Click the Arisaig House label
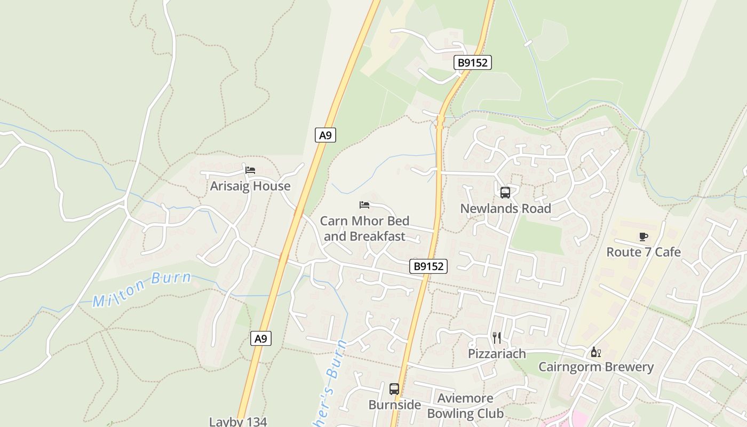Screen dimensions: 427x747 click(250, 186)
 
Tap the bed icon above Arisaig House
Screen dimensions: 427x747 click(250, 170)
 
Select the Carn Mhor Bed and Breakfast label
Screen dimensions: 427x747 click(364, 228)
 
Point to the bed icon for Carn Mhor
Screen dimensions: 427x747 click(364, 205)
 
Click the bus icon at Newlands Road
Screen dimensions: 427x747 click(505, 193)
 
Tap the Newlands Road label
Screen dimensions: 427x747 click(505, 209)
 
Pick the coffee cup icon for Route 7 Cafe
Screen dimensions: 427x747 click(643, 236)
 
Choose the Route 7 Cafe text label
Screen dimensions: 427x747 click(643, 252)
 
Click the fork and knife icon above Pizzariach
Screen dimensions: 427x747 click(497, 338)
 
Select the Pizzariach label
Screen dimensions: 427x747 click(497, 354)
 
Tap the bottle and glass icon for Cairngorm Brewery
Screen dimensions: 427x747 click(595, 352)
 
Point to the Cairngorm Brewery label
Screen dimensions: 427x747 click(595, 367)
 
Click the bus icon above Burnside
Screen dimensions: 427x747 click(394, 389)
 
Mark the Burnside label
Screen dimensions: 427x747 click(394, 405)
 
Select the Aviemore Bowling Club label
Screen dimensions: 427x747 click(465, 406)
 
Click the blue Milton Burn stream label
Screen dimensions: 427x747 click(142, 289)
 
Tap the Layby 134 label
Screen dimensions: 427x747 click(238, 421)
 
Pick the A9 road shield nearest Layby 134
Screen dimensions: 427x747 click(260, 338)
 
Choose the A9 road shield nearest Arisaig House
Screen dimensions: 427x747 click(325, 136)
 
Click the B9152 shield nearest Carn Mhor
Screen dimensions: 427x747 click(428, 266)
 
